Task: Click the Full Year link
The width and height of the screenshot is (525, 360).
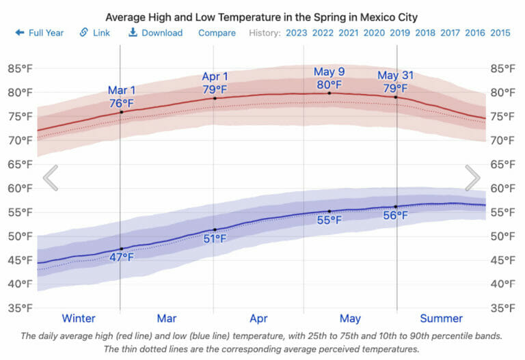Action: click(40, 33)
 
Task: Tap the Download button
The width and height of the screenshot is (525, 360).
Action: click(156, 33)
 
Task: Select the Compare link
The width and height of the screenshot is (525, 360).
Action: click(217, 33)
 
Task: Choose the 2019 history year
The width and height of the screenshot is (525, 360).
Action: click(399, 33)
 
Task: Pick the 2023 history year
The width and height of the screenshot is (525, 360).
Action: click(296, 33)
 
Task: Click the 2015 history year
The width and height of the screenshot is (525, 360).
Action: click(500, 33)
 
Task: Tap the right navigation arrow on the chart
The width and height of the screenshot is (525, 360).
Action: click(473, 178)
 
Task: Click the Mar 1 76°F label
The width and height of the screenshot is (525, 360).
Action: click(122, 97)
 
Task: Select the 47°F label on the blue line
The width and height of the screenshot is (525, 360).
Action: click(122, 258)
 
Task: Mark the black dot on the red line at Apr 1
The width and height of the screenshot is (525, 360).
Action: click(215, 98)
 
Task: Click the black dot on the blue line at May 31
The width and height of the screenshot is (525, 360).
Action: click(396, 206)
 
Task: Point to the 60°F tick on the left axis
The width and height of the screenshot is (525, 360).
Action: click(20, 189)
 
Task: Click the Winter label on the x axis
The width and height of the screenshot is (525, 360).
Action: click(79, 318)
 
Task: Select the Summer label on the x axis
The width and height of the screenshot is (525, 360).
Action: click(441, 318)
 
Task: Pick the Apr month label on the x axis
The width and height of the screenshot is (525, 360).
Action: click(258, 318)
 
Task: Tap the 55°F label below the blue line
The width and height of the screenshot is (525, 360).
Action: click(329, 221)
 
